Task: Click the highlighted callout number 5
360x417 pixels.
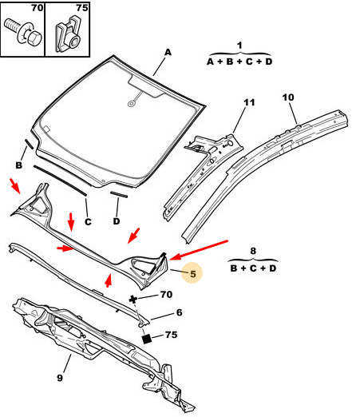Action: click(x=193, y=274)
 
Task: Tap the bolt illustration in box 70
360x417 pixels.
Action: click(x=23, y=33)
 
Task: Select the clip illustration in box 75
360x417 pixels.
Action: click(x=68, y=34)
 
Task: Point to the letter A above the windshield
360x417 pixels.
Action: click(x=168, y=52)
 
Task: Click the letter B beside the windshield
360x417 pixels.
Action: click(x=18, y=165)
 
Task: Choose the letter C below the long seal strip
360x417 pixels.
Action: click(x=88, y=222)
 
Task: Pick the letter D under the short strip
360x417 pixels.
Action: click(x=117, y=221)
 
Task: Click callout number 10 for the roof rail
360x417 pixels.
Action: click(x=288, y=97)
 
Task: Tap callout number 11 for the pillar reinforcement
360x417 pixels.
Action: click(x=249, y=102)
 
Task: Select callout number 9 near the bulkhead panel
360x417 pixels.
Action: click(x=60, y=378)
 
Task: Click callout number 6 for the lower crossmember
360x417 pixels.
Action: click(x=180, y=312)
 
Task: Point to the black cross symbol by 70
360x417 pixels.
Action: click(x=133, y=300)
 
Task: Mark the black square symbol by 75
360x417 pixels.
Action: click(x=147, y=339)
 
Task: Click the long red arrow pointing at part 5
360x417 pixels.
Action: click(x=199, y=250)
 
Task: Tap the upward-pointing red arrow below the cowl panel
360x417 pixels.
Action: click(x=108, y=280)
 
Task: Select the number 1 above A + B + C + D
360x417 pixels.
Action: click(x=239, y=46)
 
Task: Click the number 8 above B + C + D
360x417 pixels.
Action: click(x=253, y=251)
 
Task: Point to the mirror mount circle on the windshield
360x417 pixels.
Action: click(x=131, y=104)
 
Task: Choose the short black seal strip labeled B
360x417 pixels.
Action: click(x=29, y=144)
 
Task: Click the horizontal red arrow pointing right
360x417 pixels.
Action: click(x=65, y=248)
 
